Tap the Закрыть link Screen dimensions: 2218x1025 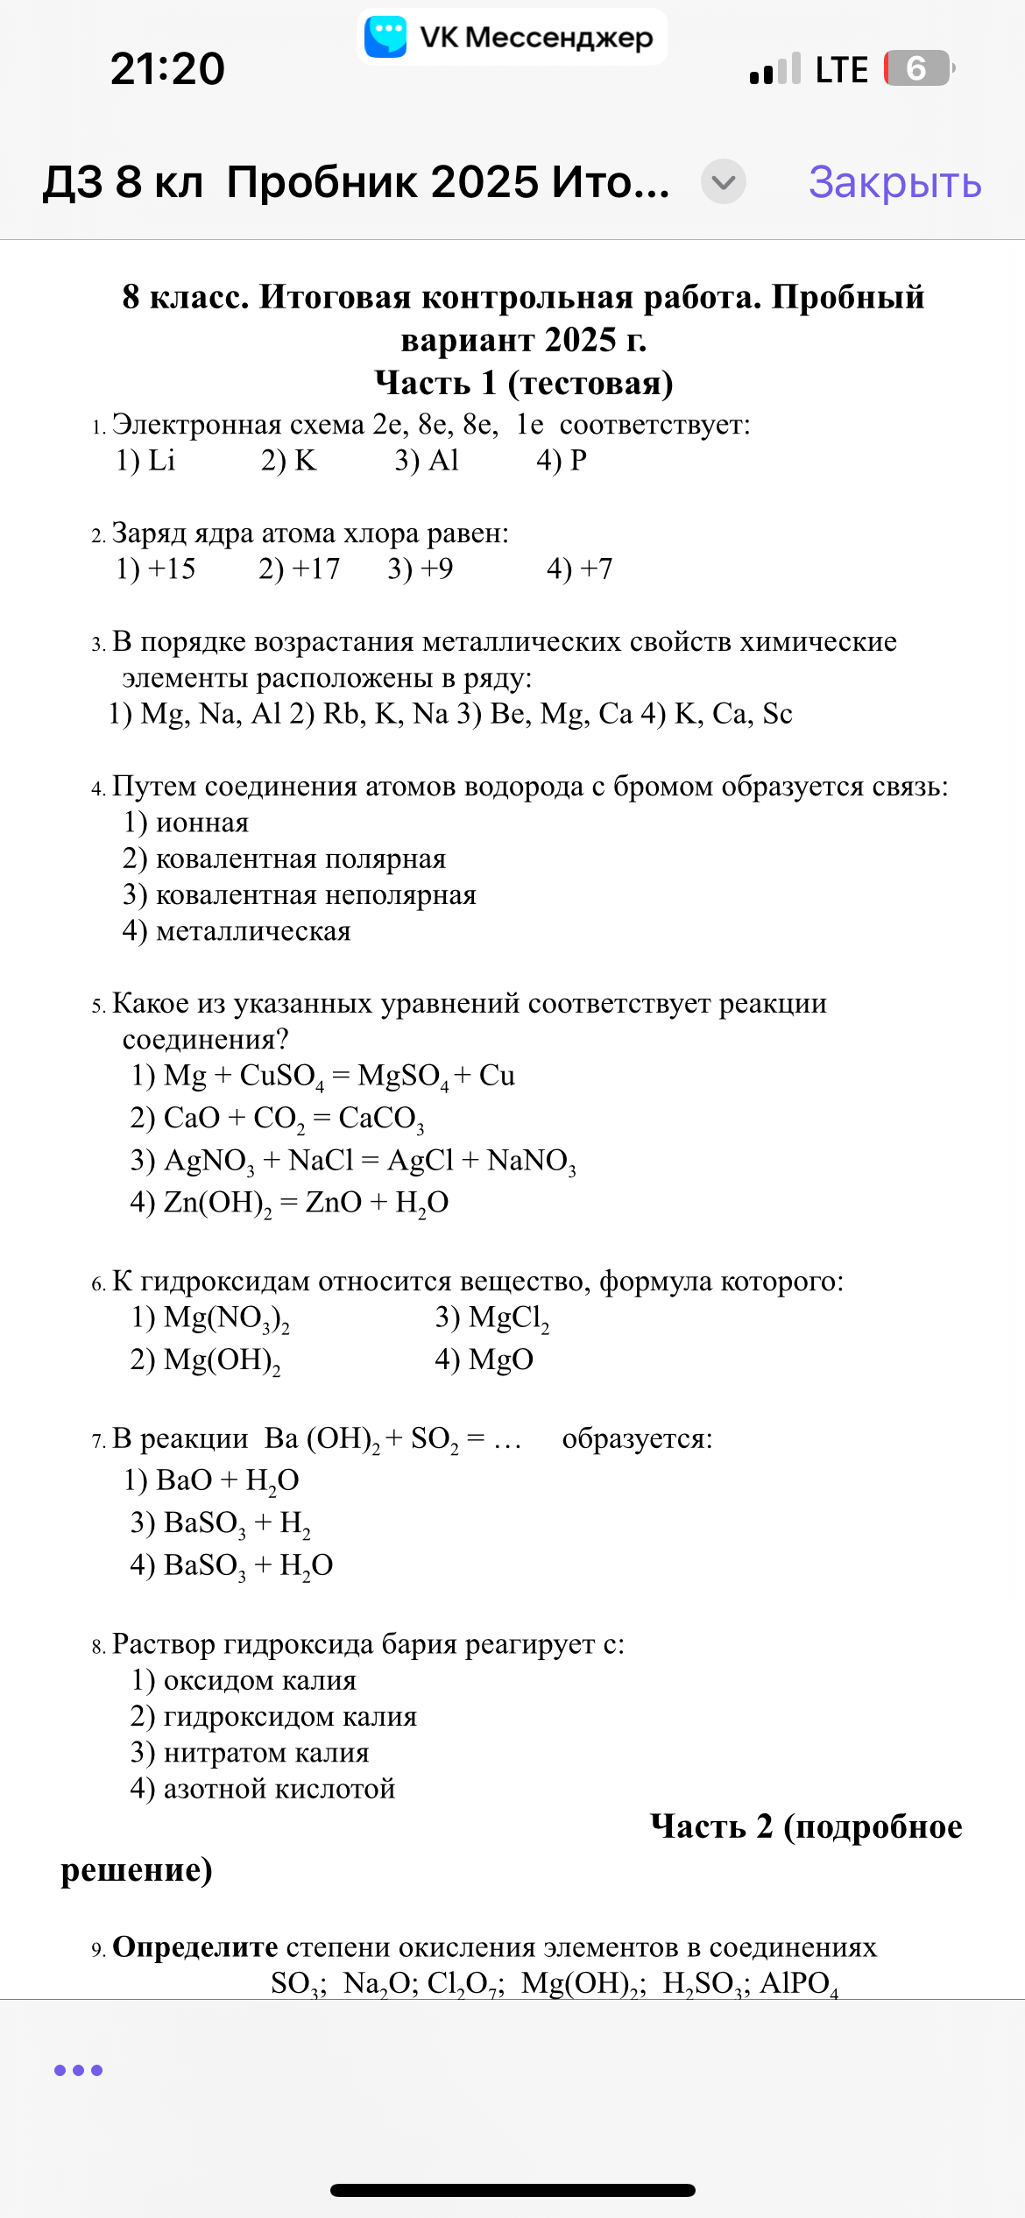(894, 182)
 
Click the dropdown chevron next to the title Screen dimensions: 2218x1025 (724, 182)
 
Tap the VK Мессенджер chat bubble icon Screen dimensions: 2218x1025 (385, 37)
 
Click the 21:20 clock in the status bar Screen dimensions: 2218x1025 (167, 68)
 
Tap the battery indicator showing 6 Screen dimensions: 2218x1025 (918, 68)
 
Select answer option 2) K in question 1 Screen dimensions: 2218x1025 (288, 461)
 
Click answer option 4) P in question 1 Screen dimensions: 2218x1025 (562, 461)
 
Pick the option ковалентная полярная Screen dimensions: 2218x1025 (285, 859)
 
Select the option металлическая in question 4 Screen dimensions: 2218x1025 (237, 931)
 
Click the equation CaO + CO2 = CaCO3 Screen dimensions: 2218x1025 (278, 1119)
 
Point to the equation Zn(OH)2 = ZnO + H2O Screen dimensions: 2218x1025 (289, 1203)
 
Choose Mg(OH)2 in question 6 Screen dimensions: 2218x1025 (206, 1360)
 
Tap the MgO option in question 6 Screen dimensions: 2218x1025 (484, 1360)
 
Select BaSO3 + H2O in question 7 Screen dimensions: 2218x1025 (232, 1566)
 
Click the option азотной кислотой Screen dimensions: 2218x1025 (263, 1789)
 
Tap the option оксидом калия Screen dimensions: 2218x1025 (244, 1681)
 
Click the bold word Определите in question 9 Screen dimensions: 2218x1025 (195, 1947)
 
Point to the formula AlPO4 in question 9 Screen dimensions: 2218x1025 (798, 1983)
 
